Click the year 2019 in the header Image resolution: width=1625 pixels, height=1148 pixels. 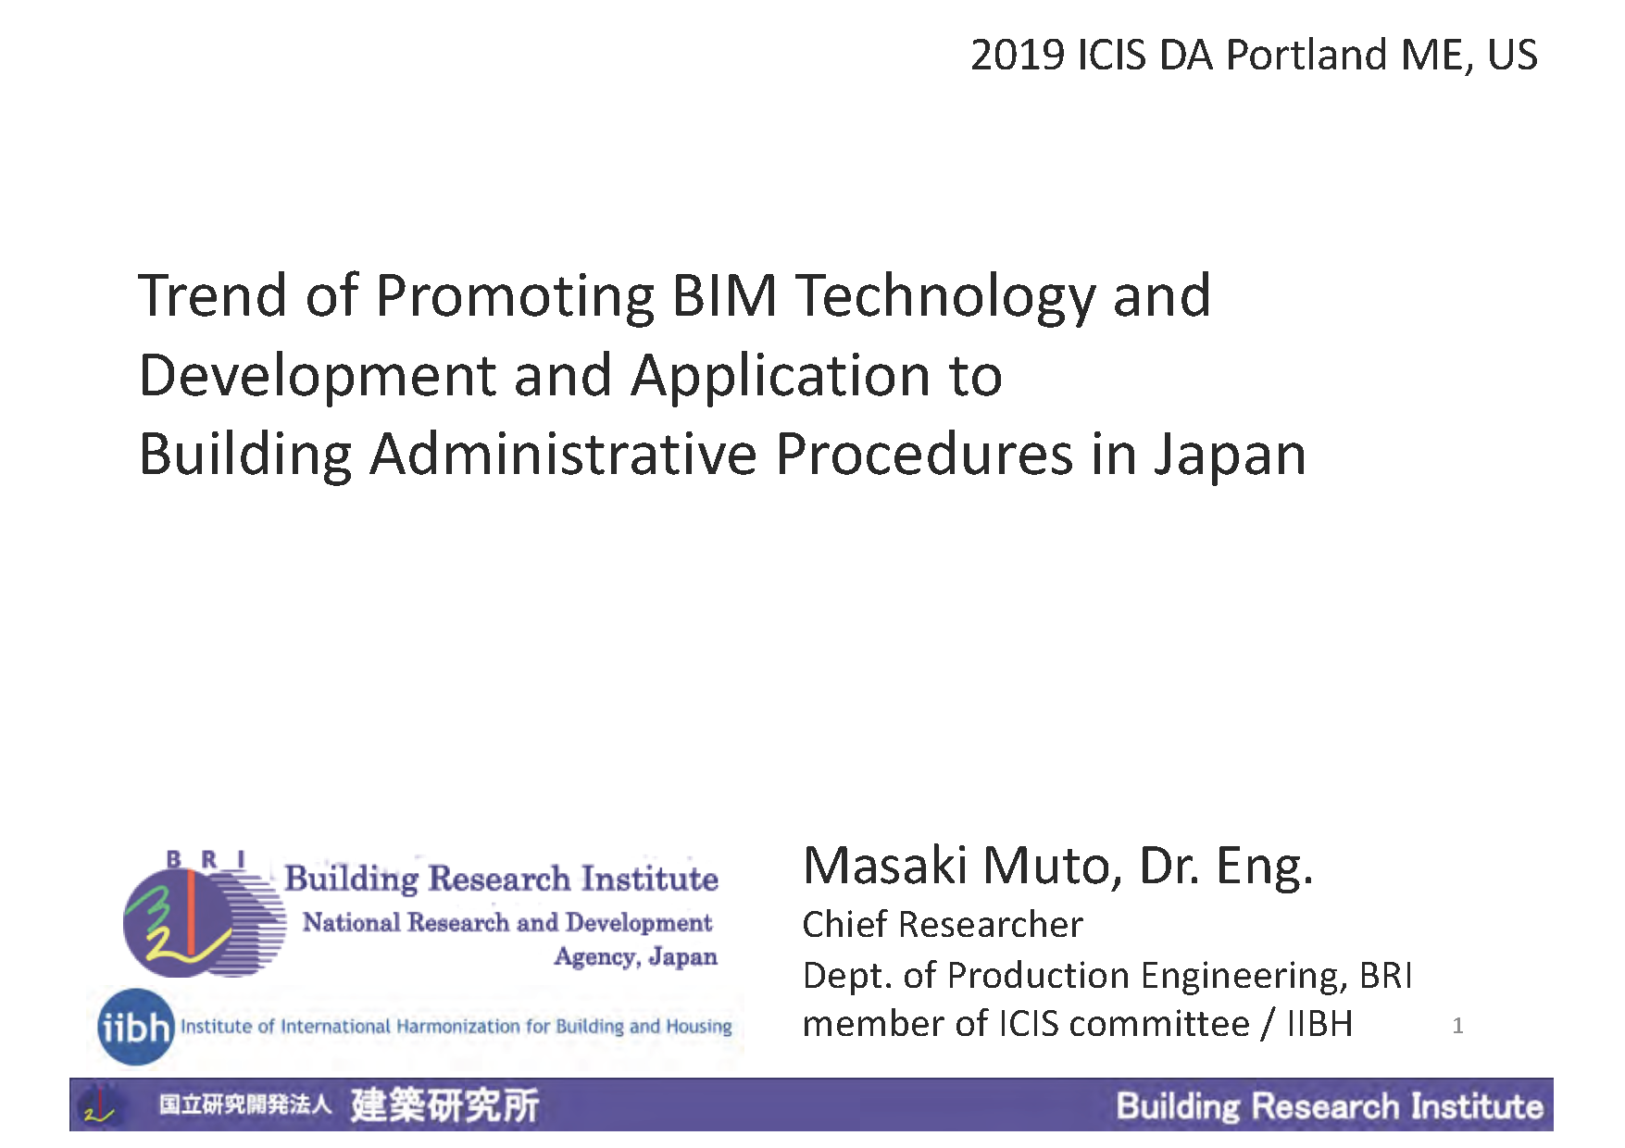click(x=1017, y=56)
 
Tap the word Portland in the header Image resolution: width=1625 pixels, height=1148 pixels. click(x=1306, y=56)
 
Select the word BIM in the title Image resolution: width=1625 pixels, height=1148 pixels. click(x=724, y=296)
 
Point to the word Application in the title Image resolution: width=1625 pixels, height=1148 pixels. click(x=781, y=378)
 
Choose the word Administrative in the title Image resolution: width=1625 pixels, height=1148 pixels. click(x=563, y=455)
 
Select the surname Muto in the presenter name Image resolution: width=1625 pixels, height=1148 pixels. click(x=1045, y=867)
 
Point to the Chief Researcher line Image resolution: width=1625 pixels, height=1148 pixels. click(x=943, y=925)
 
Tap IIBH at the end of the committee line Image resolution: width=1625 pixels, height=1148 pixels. click(x=1319, y=1024)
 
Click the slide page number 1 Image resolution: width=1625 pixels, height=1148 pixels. click(x=1457, y=1026)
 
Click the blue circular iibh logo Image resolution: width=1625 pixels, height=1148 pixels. click(x=136, y=1027)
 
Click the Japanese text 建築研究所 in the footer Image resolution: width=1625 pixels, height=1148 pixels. click(x=444, y=1105)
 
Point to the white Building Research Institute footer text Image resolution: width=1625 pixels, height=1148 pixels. click(x=1330, y=1106)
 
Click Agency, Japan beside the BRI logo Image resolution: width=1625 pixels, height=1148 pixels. click(x=636, y=957)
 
